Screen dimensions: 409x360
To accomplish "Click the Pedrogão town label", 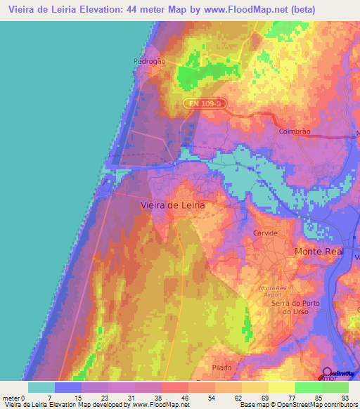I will pyautogui.click(x=149, y=61).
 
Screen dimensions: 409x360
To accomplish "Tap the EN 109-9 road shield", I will pyautogui.click(x=204, y=103).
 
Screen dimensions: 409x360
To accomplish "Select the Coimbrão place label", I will pyautogui.click(x=295, y=131).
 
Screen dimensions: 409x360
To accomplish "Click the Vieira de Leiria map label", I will pyautogui.click(x=173, y=205).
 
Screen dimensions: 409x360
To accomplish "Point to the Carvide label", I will pyautogui.click(x=266, y=232).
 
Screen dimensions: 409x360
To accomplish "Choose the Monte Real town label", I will pyautogui.click(x=319, y=251).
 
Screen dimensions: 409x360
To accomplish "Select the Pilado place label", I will pyautogui.click(x=222, y=368).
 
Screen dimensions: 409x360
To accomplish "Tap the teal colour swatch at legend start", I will pyautogui.click(x=41, y=387).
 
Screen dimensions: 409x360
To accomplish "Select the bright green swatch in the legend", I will pyautogui.click(x=309, y=387).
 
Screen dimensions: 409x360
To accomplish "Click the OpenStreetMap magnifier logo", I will pyautogui.click(x=327, y=373).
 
